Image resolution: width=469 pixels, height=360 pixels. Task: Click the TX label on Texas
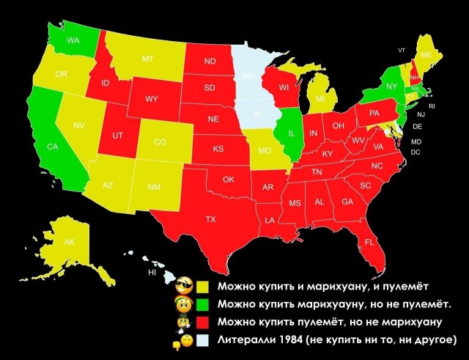point(210,219)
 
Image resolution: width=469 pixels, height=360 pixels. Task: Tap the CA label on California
point(52,147)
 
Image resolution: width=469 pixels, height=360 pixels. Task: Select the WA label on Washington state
point(73,40)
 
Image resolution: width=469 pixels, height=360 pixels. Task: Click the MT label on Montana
point(147,59)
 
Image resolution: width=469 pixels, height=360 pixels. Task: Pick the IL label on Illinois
point(292,134)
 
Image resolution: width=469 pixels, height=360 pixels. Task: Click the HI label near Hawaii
point(152,272)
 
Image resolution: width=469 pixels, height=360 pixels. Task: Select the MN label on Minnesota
point(248,76)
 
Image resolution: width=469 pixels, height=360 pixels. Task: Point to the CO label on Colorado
point(160,142)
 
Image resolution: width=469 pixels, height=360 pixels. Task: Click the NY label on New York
point(391,86)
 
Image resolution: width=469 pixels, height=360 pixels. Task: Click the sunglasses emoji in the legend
point(185,284)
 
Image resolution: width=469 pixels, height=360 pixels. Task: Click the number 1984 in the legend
point(289,339)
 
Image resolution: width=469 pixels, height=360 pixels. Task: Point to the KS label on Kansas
point(218,149)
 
